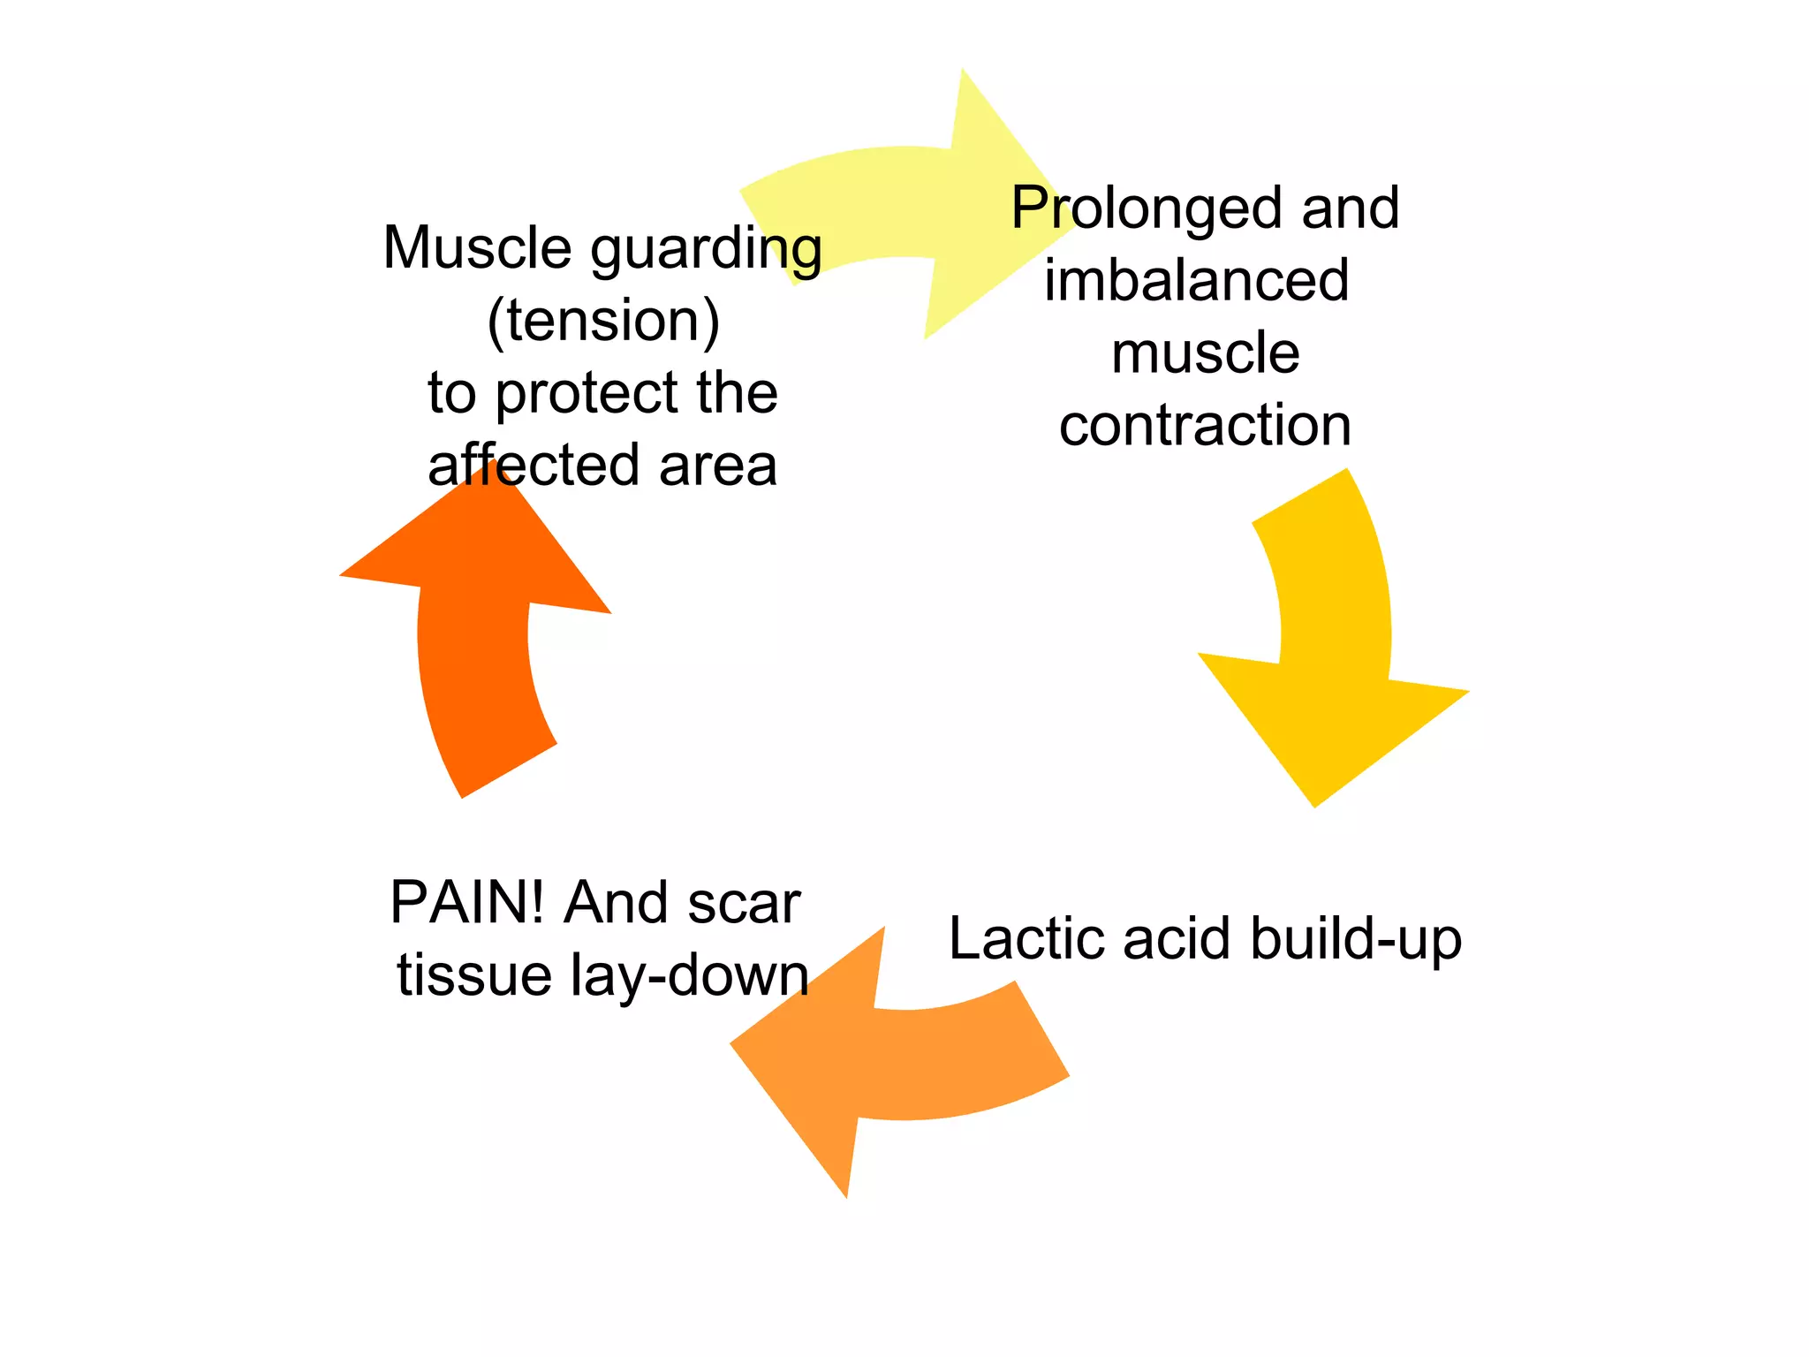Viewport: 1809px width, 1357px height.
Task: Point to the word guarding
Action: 707,250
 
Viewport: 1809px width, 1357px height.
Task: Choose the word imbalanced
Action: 1197,280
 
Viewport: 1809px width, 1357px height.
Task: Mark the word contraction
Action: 1205,425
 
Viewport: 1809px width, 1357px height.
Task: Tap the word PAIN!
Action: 468,903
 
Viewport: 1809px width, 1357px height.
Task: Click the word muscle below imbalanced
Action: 1205,353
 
